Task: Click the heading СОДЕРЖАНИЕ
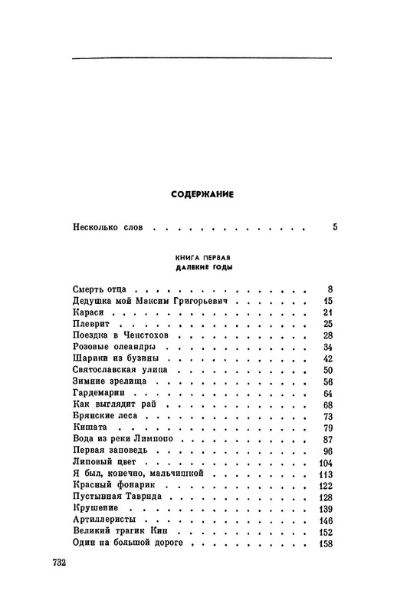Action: pyautogui.click(x=202, y=195)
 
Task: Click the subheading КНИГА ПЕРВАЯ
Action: pyautogui.click(x=203, y=256)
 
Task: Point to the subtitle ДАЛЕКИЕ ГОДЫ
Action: pyautogui.click(x=203, y=269)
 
